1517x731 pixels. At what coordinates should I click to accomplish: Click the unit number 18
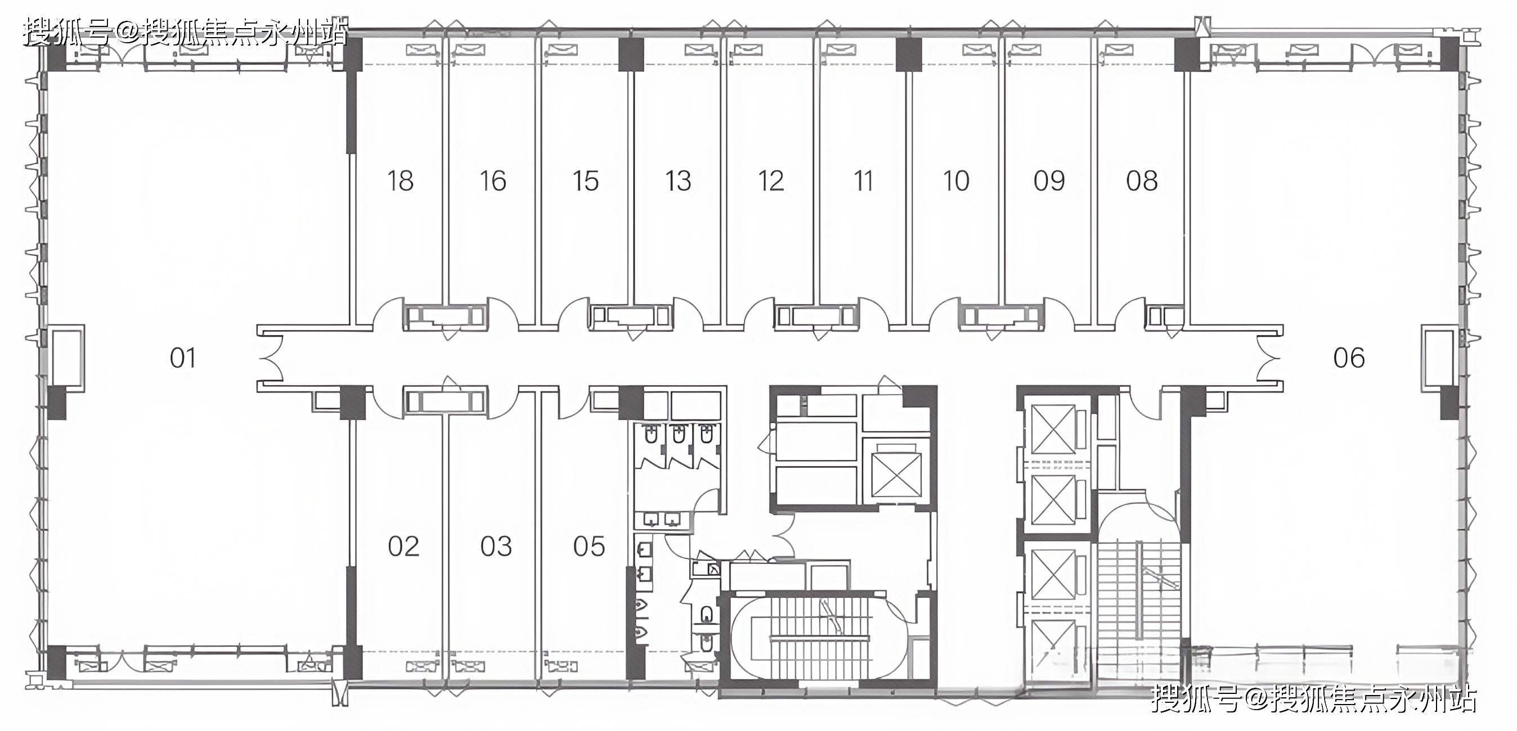[401, 181]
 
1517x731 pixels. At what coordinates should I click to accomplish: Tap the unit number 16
[493, 181]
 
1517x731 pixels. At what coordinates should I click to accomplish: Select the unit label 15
[585, 181]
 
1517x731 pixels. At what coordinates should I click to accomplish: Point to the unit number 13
[678, 181]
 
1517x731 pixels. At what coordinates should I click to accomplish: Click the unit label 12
[771, 181]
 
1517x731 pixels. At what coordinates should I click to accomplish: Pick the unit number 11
[863, 181]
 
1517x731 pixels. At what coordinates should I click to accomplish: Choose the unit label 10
[956, 181]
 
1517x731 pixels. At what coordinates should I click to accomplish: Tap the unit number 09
[1049, 181]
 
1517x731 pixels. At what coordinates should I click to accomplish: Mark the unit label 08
[1142, 181]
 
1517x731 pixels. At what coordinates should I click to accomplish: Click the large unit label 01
[182, 358]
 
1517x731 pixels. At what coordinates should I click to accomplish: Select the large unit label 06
[1349, 358]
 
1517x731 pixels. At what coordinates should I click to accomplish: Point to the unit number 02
[403, 547]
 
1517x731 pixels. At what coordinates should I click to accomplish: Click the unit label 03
[496, 547]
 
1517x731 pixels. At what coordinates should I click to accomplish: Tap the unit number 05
[589, 547]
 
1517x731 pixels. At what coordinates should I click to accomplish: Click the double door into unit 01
[271, 358]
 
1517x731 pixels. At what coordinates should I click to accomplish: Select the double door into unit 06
[1268, 358]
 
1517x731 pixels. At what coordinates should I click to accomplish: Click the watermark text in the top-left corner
[186, 32]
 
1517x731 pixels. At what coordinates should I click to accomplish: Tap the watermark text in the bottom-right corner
[1314, 698]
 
